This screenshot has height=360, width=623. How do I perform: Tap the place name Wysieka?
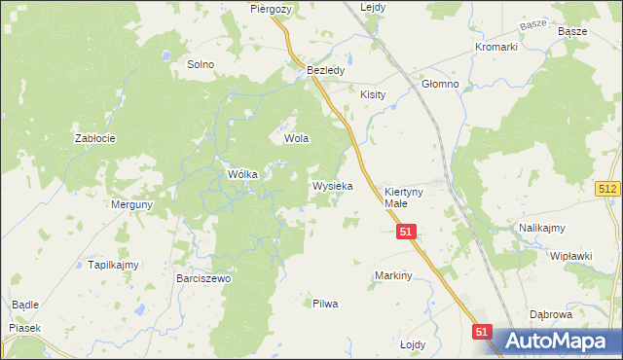pyautogui.click(x=332, y=185)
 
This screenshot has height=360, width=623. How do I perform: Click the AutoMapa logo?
pyautogui.click(x=555, y=342)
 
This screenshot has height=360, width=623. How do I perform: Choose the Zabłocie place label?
pyautogui.click(x=95, y=138)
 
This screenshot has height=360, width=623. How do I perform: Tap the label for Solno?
pyautogui.click(x=201, y=64)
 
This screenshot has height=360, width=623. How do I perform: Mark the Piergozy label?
pyautogui.click(x=271, y=8)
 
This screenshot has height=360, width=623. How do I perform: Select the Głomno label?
pyautogui.click(x=440, y=85)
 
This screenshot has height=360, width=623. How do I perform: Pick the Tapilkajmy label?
pyautogui.click(x=114, y=265)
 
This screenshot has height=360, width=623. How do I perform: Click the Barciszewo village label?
pyautogui.click(x=203, y=279)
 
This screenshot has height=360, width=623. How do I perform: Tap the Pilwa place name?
pyautogui.click(x=325, y=304)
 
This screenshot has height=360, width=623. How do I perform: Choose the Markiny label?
pyautogui.click(x=394, y=276)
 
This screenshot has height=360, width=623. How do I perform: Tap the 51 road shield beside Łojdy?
pyautogui.click(x=482, y=332)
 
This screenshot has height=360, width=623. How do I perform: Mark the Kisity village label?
pyautogui.click(x=373, y=95)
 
